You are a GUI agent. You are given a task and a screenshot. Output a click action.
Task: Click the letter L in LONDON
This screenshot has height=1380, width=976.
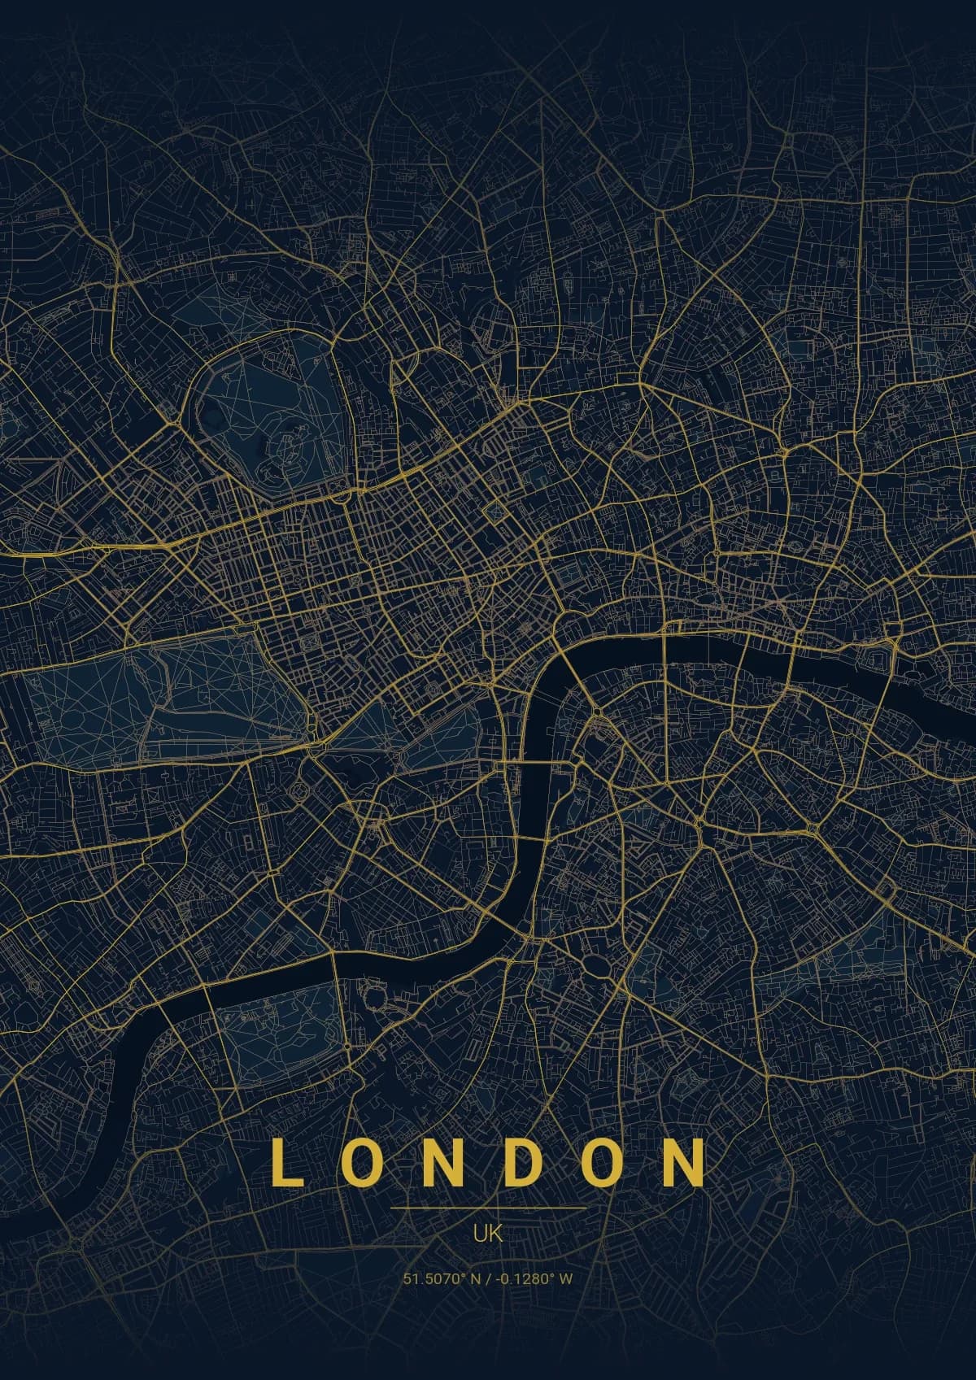tap(286, 1163)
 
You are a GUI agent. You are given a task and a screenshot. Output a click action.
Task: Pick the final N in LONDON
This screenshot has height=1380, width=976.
tap(686, 1163)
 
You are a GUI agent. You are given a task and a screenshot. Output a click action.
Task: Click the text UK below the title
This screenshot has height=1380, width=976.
tap(488, 1233)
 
